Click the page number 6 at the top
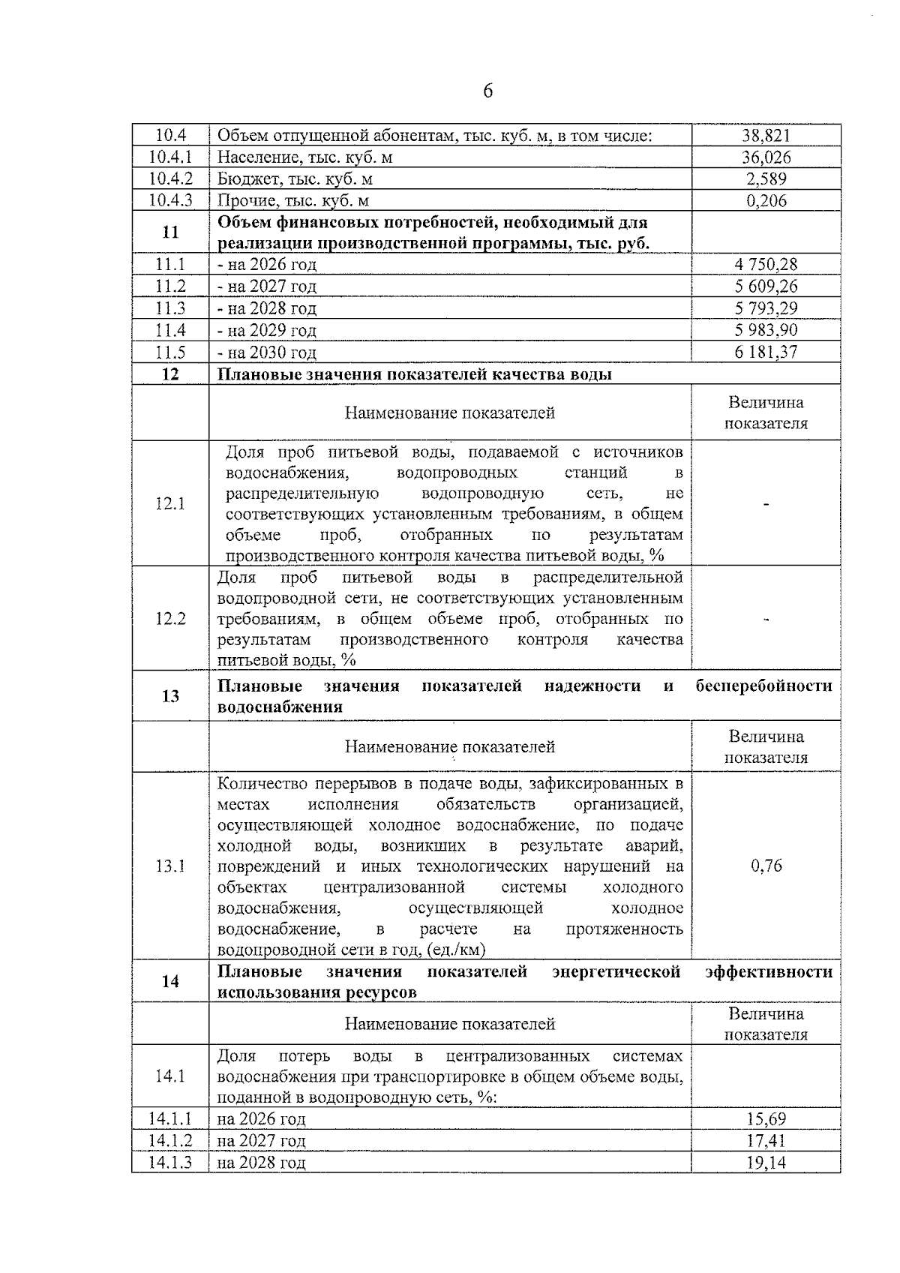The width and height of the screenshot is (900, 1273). point(487,92)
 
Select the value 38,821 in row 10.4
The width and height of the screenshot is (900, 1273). point(766,136)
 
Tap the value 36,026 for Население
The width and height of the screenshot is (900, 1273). point(766,158)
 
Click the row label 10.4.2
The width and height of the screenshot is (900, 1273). point(170,179)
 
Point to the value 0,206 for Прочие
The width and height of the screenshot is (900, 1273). point(766,201)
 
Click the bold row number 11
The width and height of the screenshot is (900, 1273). point(170,233)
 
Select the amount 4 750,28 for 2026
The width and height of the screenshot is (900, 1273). point(766,265)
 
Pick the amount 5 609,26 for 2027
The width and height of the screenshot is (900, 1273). point(766,287)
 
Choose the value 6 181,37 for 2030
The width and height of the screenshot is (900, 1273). point(766,353)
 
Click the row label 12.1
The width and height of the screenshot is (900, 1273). point(170,503)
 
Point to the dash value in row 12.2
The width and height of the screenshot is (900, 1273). point(766,619)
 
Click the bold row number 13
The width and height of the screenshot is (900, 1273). point(170,696)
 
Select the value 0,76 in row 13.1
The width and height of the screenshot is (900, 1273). point(766,866)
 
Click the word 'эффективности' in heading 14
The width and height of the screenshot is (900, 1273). point(769,972)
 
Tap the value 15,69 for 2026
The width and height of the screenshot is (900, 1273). point(766,1119)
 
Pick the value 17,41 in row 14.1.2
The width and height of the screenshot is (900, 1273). point(766,1141)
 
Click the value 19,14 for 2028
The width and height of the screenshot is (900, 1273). point(766,1163)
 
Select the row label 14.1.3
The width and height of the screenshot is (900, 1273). point(170,1163)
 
